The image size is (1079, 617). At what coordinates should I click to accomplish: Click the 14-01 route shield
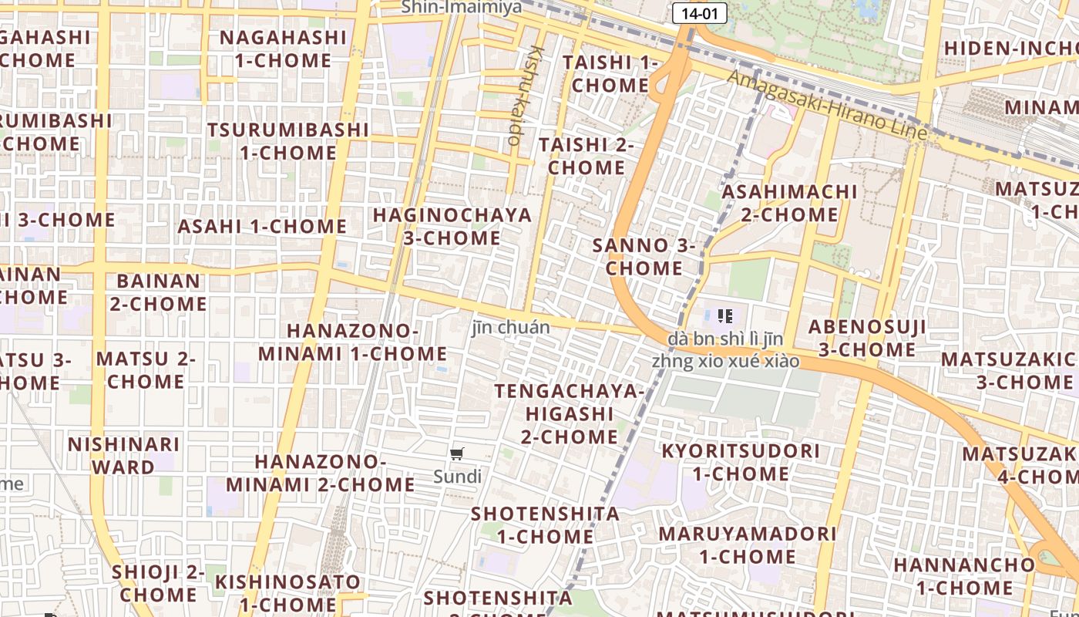699,13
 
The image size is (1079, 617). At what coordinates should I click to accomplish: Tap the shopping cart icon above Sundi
457,454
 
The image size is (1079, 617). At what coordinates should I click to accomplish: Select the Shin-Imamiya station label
461,7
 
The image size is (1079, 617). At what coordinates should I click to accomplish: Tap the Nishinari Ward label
123,456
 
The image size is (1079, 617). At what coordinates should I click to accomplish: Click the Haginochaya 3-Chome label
452,226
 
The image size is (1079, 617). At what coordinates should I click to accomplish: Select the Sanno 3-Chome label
644,257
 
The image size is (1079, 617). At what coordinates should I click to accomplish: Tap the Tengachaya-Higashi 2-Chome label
570,414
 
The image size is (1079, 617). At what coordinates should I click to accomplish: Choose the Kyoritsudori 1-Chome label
741,461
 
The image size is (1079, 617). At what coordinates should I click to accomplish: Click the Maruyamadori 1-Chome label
747,545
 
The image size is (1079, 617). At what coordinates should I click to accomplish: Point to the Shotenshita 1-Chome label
545,524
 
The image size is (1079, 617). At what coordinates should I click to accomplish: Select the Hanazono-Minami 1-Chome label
352,342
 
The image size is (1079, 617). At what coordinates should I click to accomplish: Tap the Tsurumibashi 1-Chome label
287,140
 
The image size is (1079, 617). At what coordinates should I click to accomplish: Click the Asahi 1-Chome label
262,226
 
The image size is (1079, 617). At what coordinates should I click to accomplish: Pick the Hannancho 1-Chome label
964,576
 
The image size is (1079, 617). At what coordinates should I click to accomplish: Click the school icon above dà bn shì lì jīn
724,315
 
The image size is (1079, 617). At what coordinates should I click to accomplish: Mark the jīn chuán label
511,327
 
